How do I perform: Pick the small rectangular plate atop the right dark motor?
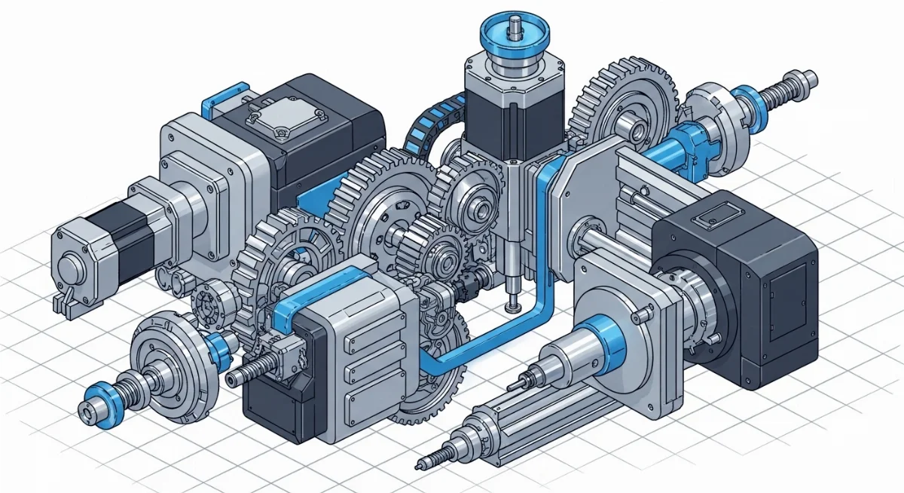[713, 219]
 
